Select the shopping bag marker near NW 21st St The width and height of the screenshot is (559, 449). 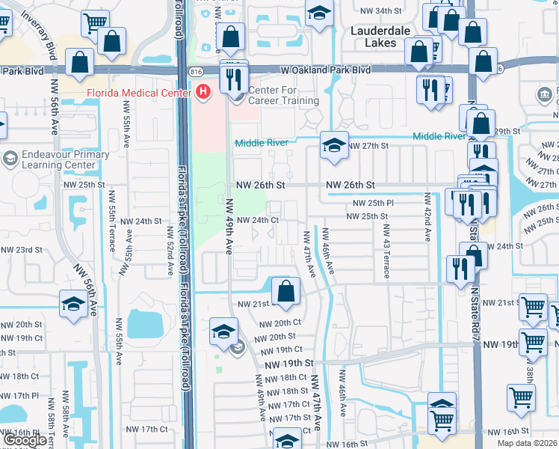click(x=285, y=291)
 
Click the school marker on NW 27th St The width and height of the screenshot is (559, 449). click(x=333, y=145)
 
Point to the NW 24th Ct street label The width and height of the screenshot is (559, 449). click(x=258, y=220)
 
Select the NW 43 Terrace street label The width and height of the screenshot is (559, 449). click(x=386, y=251)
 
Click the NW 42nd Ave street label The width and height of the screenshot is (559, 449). click(x=427, y=217)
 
